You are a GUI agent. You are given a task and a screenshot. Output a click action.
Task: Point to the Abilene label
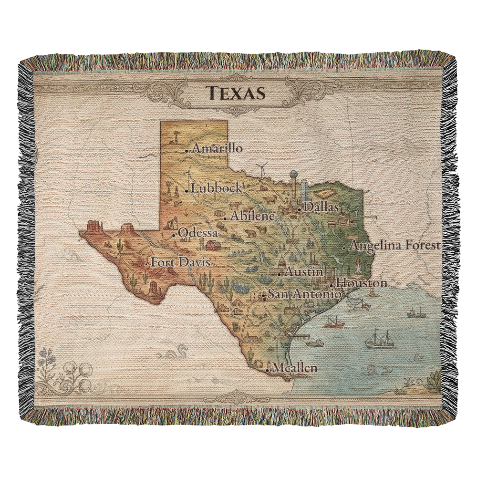pos(252,216)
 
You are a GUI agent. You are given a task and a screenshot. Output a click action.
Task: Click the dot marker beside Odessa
pos(174,235)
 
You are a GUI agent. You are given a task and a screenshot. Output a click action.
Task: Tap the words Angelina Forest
pos(394,246)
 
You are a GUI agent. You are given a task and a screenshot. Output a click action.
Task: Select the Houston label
pos(361,283)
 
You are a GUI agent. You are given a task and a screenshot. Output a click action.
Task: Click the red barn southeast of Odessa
pos(213,245)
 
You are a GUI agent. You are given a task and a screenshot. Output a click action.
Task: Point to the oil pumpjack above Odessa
pos(171,224)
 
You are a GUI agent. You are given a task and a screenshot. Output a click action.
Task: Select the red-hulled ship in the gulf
pos(334,323)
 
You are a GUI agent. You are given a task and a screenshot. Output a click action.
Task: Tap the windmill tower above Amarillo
pos(175,136)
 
